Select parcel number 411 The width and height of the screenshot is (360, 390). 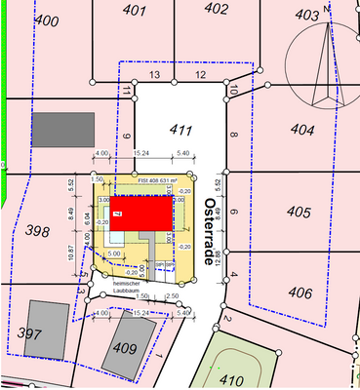point(179,129)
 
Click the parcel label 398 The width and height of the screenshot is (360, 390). point(37,231)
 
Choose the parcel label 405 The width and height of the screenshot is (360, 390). point(298,212)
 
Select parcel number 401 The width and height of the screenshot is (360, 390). point(135,12)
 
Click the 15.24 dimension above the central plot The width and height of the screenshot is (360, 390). point(140,153)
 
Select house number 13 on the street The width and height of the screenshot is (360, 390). point(153,75)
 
